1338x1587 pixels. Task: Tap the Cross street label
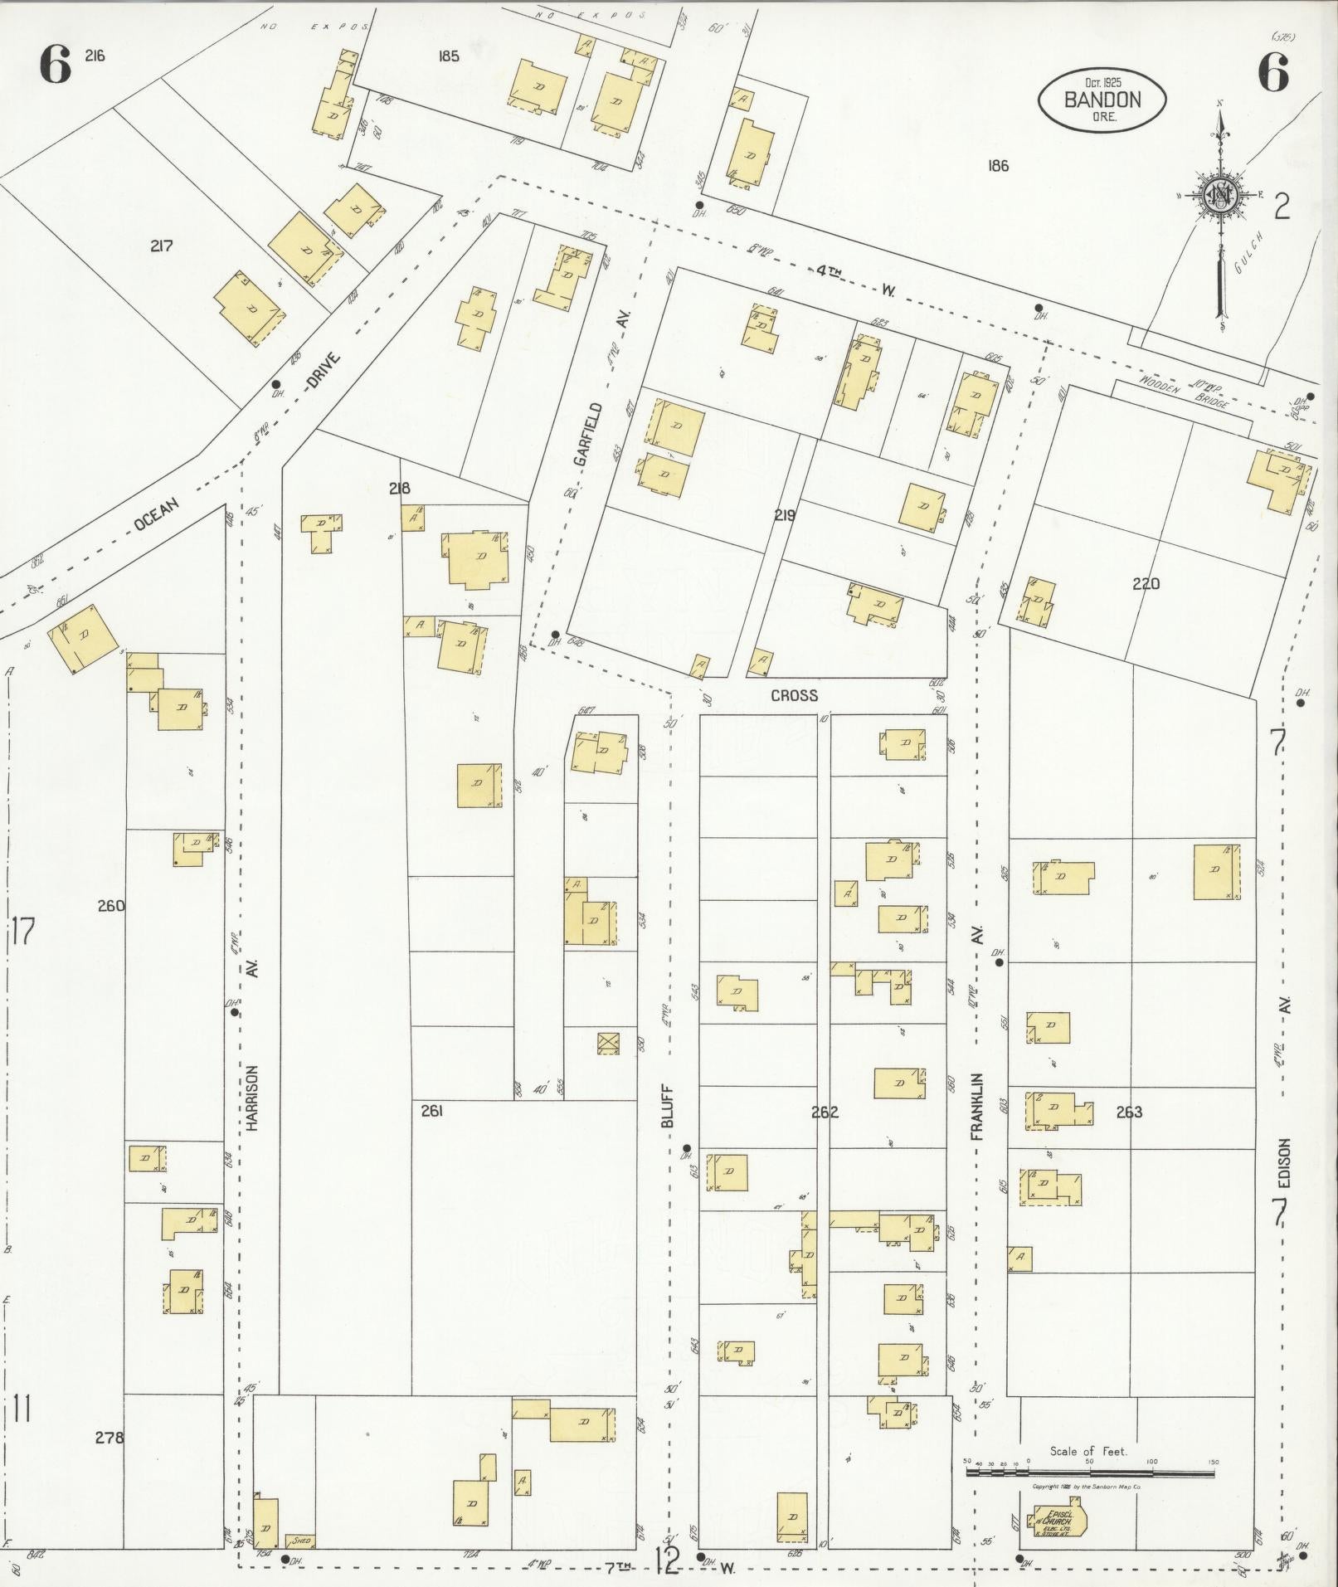(x=794, y=695)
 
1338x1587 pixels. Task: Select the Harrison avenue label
(x=253, y=1098)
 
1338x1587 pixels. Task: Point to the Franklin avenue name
(x=977, y=1106)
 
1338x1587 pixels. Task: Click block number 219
(x=785, y=515)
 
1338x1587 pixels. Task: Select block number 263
(x=1130, y=1112)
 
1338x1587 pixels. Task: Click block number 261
(x=431, y=1111)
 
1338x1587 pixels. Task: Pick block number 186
(x=998, y=166)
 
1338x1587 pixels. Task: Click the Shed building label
(x=301, y=1541)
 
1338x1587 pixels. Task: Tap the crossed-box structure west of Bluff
(x=609, y=1043)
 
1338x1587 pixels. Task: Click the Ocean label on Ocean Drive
(x=157, y=515)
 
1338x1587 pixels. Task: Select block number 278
(x=109, y=1437)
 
